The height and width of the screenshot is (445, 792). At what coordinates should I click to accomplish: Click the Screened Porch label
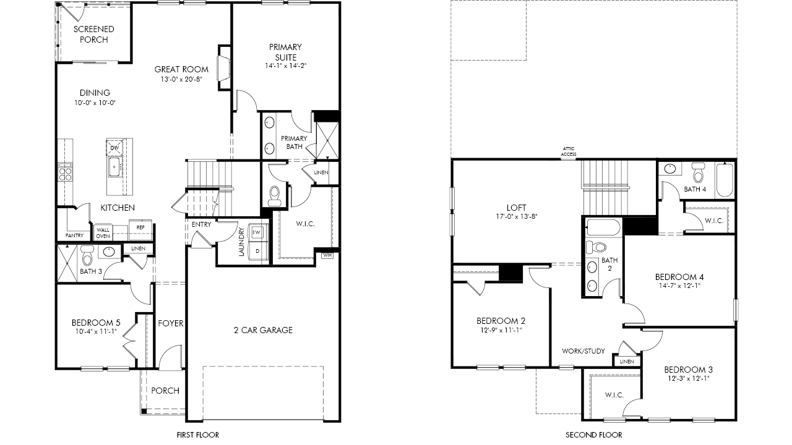(93, 34)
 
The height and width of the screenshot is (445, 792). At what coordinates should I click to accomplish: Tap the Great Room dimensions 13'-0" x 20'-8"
(181, 79)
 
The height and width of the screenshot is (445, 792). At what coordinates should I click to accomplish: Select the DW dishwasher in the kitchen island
(114, 148)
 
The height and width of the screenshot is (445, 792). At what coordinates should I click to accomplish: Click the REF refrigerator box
(140, 227)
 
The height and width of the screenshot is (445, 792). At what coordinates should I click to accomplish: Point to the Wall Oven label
(103, 233)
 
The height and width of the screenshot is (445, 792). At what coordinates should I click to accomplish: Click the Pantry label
(74, 235)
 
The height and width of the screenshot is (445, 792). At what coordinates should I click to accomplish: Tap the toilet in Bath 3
(87, 255)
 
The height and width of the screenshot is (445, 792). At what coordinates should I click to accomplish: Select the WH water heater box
(327, 255)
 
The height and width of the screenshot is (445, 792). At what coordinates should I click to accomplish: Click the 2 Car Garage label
(263, 330)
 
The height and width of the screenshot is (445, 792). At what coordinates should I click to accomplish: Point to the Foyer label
(170, 323)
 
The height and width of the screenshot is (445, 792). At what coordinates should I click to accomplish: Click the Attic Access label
(568, 151)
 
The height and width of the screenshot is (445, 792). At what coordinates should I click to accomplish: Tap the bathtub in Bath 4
(725, 180)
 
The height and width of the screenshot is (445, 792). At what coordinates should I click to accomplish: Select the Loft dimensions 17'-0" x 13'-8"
(516, 216)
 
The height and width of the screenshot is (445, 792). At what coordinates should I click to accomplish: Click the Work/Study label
(583, 351)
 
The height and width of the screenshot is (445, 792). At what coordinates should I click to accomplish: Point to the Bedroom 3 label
(688, 370)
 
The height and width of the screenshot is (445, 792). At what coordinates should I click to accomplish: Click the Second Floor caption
(593, 434)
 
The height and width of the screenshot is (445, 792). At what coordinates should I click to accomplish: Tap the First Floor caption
(197, 434)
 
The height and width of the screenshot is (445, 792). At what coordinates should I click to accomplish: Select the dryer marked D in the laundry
(257, 251)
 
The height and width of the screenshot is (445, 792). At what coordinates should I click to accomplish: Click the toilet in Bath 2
(596, 247)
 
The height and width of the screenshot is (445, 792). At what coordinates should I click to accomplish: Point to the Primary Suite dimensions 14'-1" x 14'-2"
(285, 66)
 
